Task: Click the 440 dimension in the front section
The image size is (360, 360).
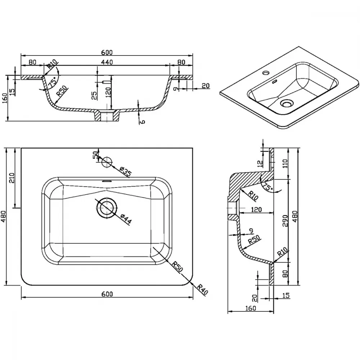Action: click(107, 62)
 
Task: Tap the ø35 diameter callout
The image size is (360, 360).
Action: click(126, 171)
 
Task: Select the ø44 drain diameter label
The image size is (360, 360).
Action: click(126, 219)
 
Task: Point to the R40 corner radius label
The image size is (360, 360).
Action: click(202, 290)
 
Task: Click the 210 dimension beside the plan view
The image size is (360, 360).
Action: click(12, 177)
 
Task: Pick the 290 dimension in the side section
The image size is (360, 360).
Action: click(285, 221)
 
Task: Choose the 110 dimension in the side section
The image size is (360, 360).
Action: click(285, 163)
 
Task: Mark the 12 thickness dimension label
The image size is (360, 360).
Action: click(260, 163)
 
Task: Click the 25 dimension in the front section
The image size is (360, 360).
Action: click(94, 95)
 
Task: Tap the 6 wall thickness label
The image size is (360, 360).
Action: click(142, 121)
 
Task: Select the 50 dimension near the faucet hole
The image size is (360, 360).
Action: click(95, 155)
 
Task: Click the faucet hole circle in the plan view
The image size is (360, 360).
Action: click(107, 162)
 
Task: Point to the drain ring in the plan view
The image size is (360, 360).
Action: click(107, 208)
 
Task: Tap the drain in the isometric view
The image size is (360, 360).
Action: click(286, 104)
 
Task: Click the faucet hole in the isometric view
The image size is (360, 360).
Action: click(266, 73)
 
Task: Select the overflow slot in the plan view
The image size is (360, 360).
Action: click(107, 181)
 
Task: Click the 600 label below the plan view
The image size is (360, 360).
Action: click(107, 294)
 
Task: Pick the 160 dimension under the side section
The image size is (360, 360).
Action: click(250, 308)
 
